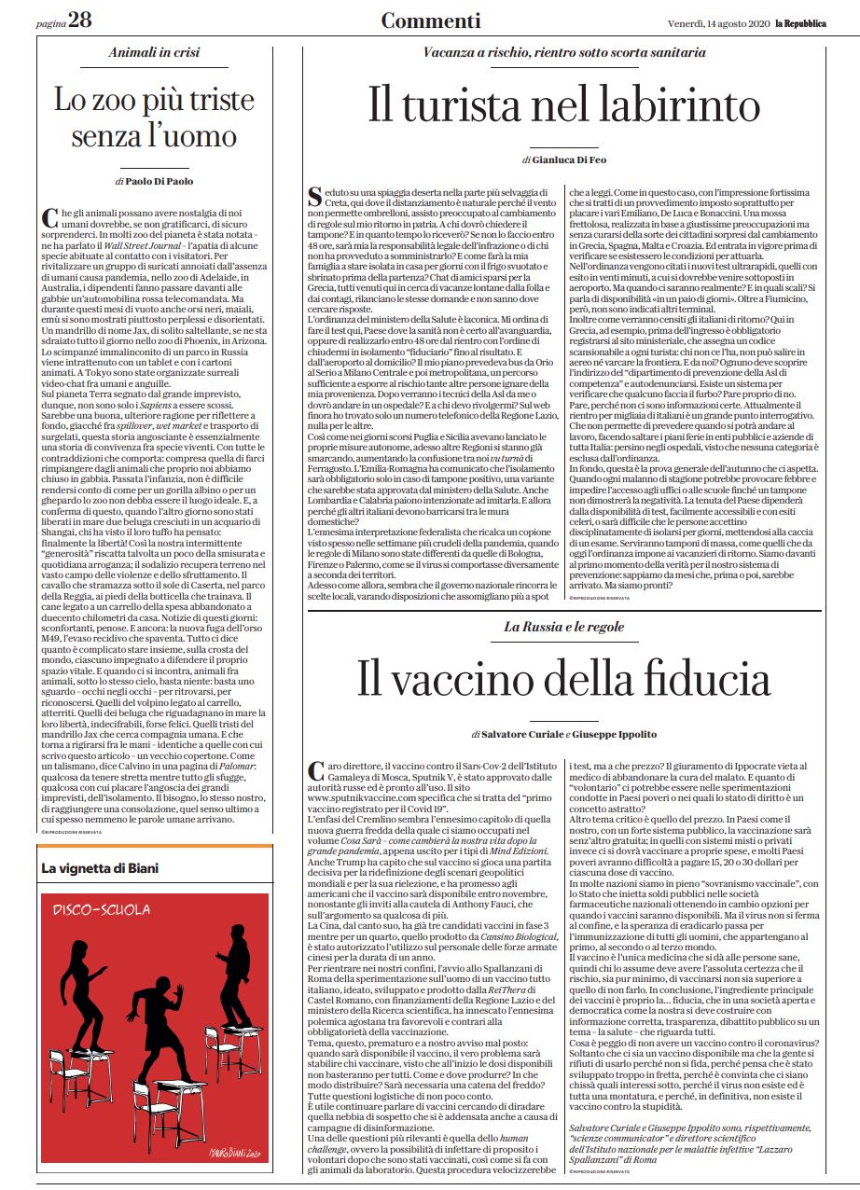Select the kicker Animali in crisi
pyautogui.click(x=154, y=53)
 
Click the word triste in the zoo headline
pyautogui.click(x=206, y=98)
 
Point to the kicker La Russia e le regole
pyautogui.click(x=563, y=627)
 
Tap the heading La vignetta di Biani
pyautogui.click(x=107, y=867)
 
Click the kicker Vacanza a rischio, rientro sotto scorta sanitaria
pyautogui.click(x=563, y=53)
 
